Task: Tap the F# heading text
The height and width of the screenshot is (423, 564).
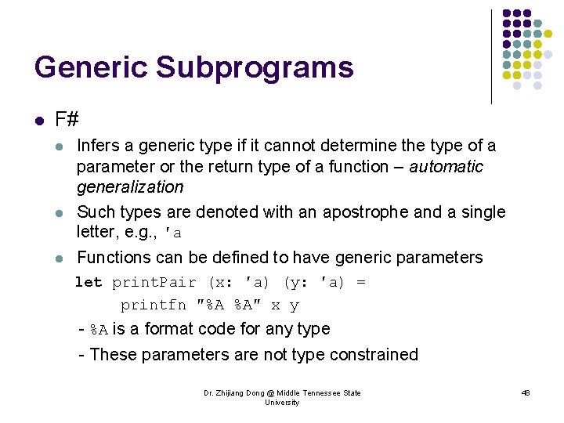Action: pyautogui.click(x=67, y=120)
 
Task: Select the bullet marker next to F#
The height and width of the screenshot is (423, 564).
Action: pyautogui.click(x=40, y=121)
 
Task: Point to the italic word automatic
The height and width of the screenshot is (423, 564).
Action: pyautogui.click(x=446, y=167)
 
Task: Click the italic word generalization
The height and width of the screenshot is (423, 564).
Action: pyautogui.click(x=130, y=187)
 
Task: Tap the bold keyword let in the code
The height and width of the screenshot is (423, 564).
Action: pyautogui.click(x=88, y=282)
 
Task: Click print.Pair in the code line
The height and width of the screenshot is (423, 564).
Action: pyautogui.click(x=155, y=282)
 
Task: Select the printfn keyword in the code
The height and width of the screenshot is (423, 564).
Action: pyautogui.click(x=153, y=305)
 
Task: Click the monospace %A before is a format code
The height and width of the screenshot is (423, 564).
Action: pyautogui.click(x=99, y=330)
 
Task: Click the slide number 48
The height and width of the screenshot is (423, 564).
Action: pyautogui.click(x=526, y=392)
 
